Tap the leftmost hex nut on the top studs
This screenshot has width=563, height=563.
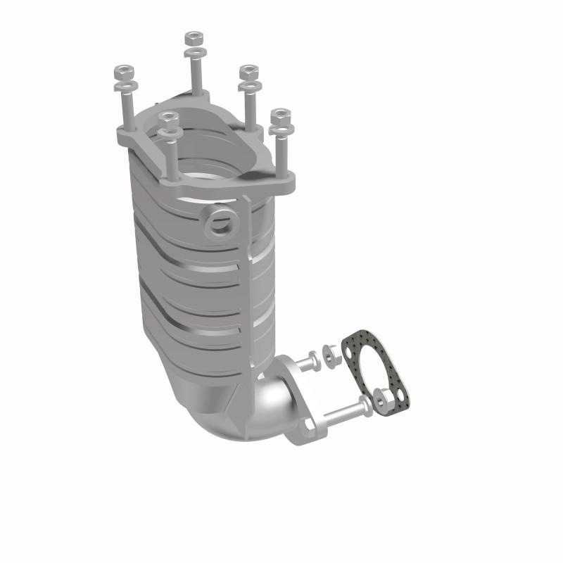coord(124,72)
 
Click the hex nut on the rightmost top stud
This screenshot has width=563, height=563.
coord(280,115)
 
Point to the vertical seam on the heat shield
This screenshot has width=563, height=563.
coord(247,281)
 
